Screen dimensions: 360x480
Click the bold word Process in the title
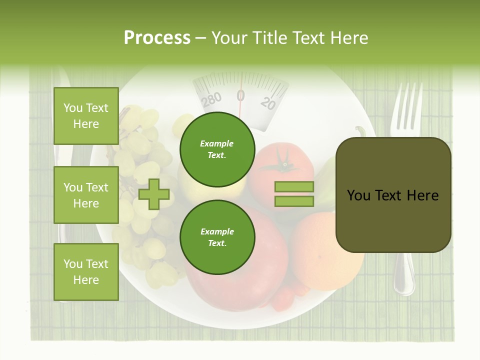click(157, 38)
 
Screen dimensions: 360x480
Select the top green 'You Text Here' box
click(86, 116)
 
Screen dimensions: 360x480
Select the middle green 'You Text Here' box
click(86, 195)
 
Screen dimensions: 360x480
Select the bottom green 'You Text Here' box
click(86, 272)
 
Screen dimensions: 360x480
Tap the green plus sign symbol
click(154, 194)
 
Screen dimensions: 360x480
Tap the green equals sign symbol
click(294, 194)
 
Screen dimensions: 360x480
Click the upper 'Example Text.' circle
click(217, 149)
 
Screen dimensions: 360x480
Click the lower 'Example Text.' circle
click(217, 237)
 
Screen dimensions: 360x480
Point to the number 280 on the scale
click(211, 98)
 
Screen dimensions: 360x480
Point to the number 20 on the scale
click(268, 103)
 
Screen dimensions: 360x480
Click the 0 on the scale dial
click(240, 95)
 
